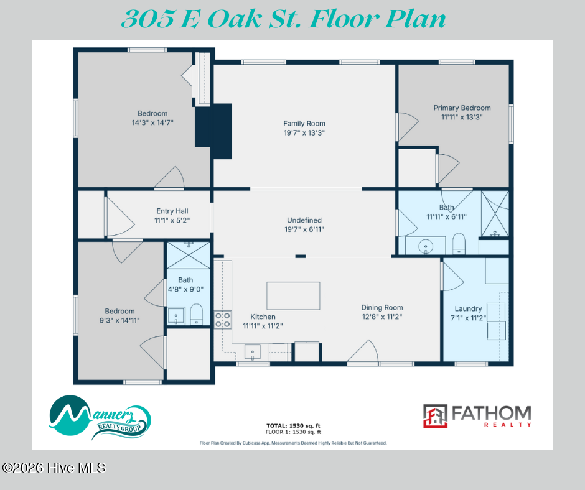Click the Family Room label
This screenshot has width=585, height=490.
(304, 123)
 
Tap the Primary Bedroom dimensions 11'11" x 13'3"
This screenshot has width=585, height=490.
(462, 117)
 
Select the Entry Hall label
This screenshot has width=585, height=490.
(172, 211)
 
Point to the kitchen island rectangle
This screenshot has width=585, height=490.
(293, 296)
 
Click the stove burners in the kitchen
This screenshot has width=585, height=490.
(222, 320)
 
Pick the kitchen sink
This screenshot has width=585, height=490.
(253, 352)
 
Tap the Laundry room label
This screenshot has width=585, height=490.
(468, 309)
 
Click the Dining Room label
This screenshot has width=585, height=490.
(382, 308)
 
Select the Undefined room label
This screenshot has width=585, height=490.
(304, 220)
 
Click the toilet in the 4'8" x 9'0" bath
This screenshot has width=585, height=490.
(196, 315)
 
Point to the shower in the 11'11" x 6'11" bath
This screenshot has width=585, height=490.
(495, 214)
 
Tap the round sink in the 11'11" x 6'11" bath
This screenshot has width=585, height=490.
(425, 246)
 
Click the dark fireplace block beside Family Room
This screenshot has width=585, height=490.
(213, 131)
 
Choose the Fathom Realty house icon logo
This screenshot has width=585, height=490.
(435, 416)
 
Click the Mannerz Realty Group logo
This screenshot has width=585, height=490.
(100, 417)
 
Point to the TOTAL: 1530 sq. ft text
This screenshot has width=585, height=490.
(293, 425)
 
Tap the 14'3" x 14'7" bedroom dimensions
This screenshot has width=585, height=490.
(152, 122)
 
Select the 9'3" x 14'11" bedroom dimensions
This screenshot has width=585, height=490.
(119, 320)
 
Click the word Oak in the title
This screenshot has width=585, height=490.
(235, 19)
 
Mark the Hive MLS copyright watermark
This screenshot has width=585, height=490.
(54, 468)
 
